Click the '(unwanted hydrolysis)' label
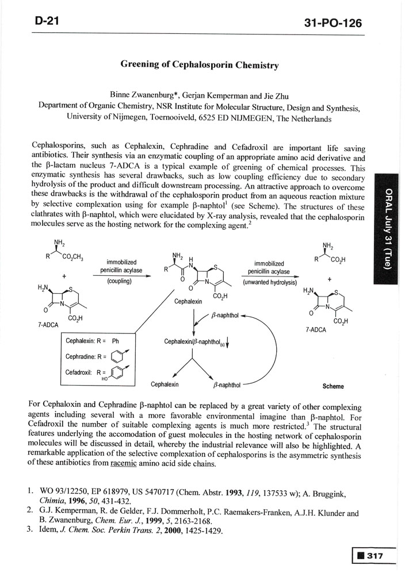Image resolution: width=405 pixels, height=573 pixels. click(269, 283)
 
